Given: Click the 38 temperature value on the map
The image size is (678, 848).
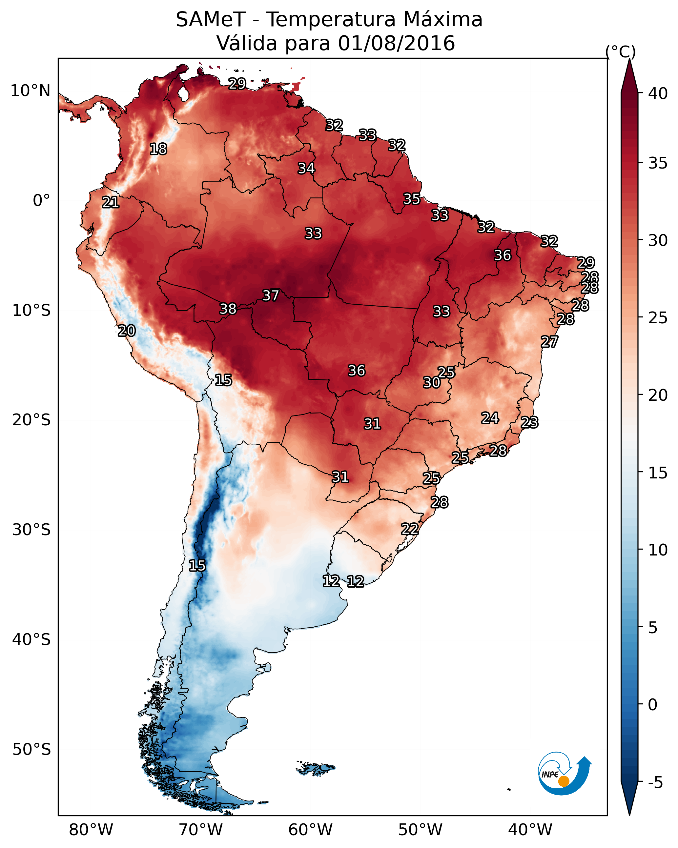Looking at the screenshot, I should [x=228, y=309].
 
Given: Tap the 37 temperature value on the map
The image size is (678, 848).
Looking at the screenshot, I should [x=271, y=295].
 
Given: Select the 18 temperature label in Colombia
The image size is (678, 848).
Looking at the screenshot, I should [x=158, y=149].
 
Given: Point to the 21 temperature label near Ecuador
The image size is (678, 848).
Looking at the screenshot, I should [x=111, y=203].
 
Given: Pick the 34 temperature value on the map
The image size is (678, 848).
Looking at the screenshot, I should [x=306, y=168].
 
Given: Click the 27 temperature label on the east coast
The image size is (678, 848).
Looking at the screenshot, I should [x=549, y=342].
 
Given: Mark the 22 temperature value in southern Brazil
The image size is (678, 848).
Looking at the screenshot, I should [x=410, y=529].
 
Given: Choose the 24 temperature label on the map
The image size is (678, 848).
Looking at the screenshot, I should [x=490, y=418].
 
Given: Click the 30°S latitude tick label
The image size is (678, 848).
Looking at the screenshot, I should [x=31, y=530].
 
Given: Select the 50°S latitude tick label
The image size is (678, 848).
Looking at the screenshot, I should [x=31, y=750].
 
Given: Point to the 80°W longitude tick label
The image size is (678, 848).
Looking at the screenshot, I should [x=91, y=830].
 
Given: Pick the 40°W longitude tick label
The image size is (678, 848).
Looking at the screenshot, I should [x=530, y=830].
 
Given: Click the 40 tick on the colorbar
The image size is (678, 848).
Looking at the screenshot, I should [x=658, y=93].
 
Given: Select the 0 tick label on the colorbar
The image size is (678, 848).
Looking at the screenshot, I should [x=652, y=705].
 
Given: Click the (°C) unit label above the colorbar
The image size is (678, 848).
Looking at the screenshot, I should [x=620, y=51].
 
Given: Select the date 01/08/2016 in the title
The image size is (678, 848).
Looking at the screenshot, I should [x=396, y=43].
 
